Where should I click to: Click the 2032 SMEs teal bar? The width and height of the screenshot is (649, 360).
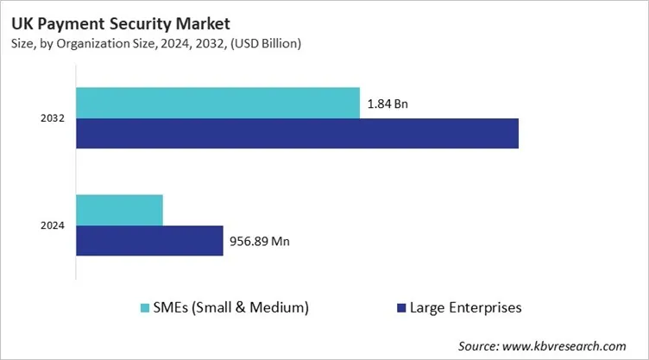[217, 103]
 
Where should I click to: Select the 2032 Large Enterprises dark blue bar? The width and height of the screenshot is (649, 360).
[297, 134]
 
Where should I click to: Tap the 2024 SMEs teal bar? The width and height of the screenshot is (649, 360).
[119, 210]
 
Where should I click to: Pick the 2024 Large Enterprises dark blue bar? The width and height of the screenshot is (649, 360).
[149, 241]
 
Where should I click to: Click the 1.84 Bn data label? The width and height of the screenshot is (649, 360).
[388, 104]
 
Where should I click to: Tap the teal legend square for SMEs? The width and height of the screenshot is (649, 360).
[144, 307]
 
